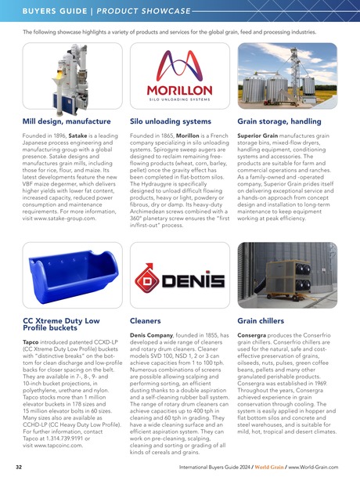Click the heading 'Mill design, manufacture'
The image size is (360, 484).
(67, 122)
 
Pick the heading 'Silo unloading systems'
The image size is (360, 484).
(170, 122)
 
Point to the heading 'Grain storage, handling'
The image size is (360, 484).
(279, 122)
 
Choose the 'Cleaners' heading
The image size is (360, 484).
(146, 320)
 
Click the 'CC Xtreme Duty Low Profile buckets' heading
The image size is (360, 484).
(61, 324)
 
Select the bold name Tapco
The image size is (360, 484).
(32, 341)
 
